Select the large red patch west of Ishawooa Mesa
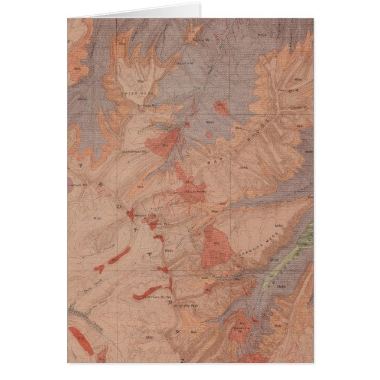[216, 248]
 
